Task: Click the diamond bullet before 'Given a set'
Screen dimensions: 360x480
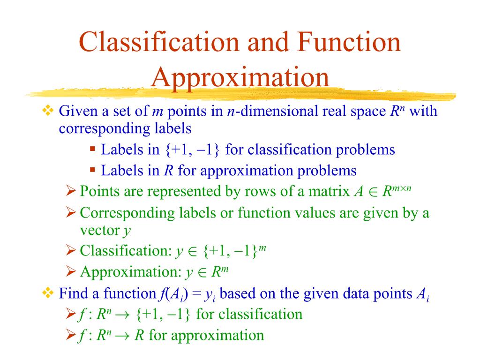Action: (48, 112)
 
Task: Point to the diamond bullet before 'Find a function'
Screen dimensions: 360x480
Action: (48, 293)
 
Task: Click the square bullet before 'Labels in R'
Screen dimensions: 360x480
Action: (92, 169)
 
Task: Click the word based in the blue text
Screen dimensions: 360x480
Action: (237, 294)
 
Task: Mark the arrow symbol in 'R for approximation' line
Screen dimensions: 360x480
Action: (124, 336)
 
